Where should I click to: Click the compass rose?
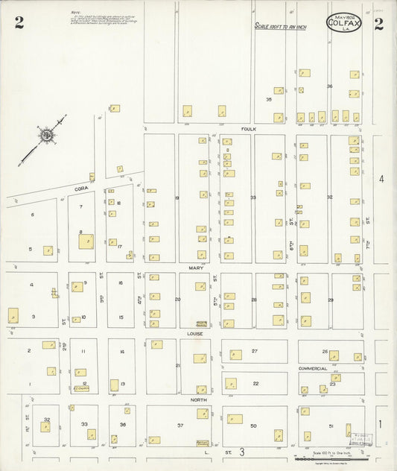(x=47, y=136)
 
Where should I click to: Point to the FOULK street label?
(x=248, y=128)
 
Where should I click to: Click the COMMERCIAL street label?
(x=313, y=368)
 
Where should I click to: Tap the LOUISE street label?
(x=195, y=335)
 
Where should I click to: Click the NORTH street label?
(x=197, y=399)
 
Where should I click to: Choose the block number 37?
(x=180, y=425)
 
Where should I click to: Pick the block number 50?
(x=253, y=425)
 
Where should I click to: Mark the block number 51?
(x=331, y=425)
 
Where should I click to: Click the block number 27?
(x=254, y=350)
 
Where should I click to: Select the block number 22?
(x=255, y=383)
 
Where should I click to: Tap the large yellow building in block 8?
(x=86, y=241)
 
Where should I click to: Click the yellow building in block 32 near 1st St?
(x=45, y=427)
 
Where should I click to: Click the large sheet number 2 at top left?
(x=19, y=23)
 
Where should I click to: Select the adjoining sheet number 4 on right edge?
(x=381, y=179)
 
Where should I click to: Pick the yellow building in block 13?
(x=114, y=385)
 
